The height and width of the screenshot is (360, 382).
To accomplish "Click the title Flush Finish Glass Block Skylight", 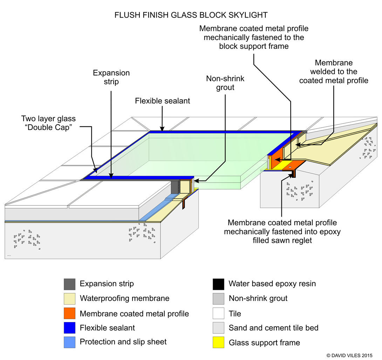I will [191, 15].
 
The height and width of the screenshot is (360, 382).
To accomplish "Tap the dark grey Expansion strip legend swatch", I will [69, 284].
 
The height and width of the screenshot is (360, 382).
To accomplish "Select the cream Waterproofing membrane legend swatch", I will [69, 298].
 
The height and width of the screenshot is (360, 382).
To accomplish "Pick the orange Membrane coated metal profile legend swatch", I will [69, 313].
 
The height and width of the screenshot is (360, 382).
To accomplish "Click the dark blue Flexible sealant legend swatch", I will [69, 328].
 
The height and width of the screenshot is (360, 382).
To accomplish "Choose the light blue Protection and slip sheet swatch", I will [69, 342].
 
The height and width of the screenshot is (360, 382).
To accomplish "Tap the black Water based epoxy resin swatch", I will [218, 284].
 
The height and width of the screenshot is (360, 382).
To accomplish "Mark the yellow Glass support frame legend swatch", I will [218, 342].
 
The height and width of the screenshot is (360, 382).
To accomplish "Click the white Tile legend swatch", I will [218, 313].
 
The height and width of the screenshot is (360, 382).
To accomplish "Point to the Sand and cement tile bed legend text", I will [273, 328].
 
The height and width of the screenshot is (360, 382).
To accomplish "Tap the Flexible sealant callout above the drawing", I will [163, 101].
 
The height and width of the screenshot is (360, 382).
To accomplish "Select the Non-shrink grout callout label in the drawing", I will [225, 83].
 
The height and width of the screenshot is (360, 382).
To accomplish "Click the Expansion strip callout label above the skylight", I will [111, 77].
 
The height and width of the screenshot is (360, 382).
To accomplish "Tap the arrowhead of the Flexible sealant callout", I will [162, 129].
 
